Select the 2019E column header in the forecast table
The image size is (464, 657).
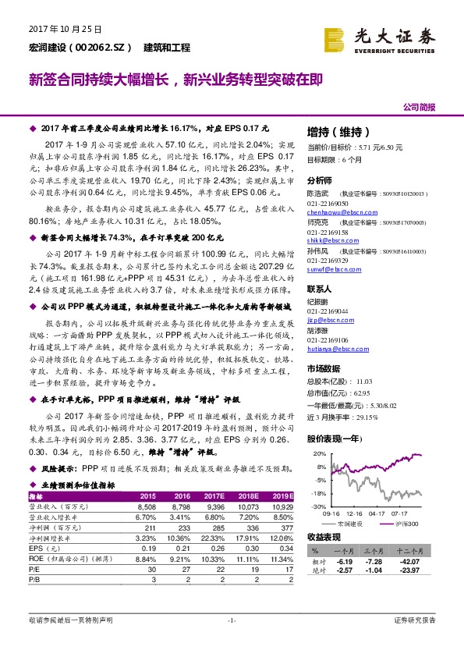(284, 495)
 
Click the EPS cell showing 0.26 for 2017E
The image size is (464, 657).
(214, 549)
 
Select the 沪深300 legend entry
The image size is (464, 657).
(403, 523)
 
